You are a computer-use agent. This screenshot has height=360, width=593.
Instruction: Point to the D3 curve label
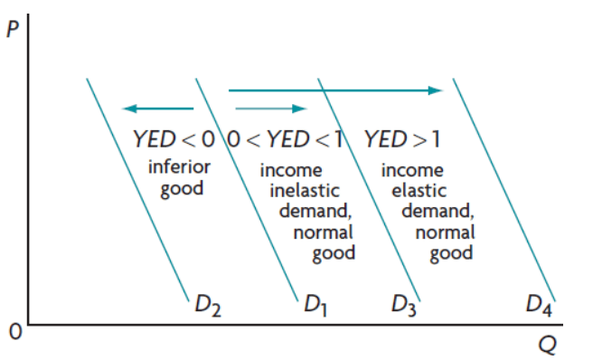[404, 303]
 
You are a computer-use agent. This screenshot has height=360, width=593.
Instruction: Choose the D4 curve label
[540, 303]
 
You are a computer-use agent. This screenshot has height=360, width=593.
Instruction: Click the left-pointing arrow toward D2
[158, 109]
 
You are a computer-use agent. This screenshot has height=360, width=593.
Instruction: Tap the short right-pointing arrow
[270, 109]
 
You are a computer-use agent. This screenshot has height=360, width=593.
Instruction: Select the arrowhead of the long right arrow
[436, 90]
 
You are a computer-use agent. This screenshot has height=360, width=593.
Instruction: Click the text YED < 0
[174, 139]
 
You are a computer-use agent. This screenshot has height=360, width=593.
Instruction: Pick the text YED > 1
[404, 139]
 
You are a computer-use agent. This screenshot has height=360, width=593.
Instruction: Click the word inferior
[179, 167]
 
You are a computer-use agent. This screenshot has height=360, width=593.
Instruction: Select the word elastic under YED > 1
[418, 191]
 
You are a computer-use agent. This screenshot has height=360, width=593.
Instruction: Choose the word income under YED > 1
[412, 170]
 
